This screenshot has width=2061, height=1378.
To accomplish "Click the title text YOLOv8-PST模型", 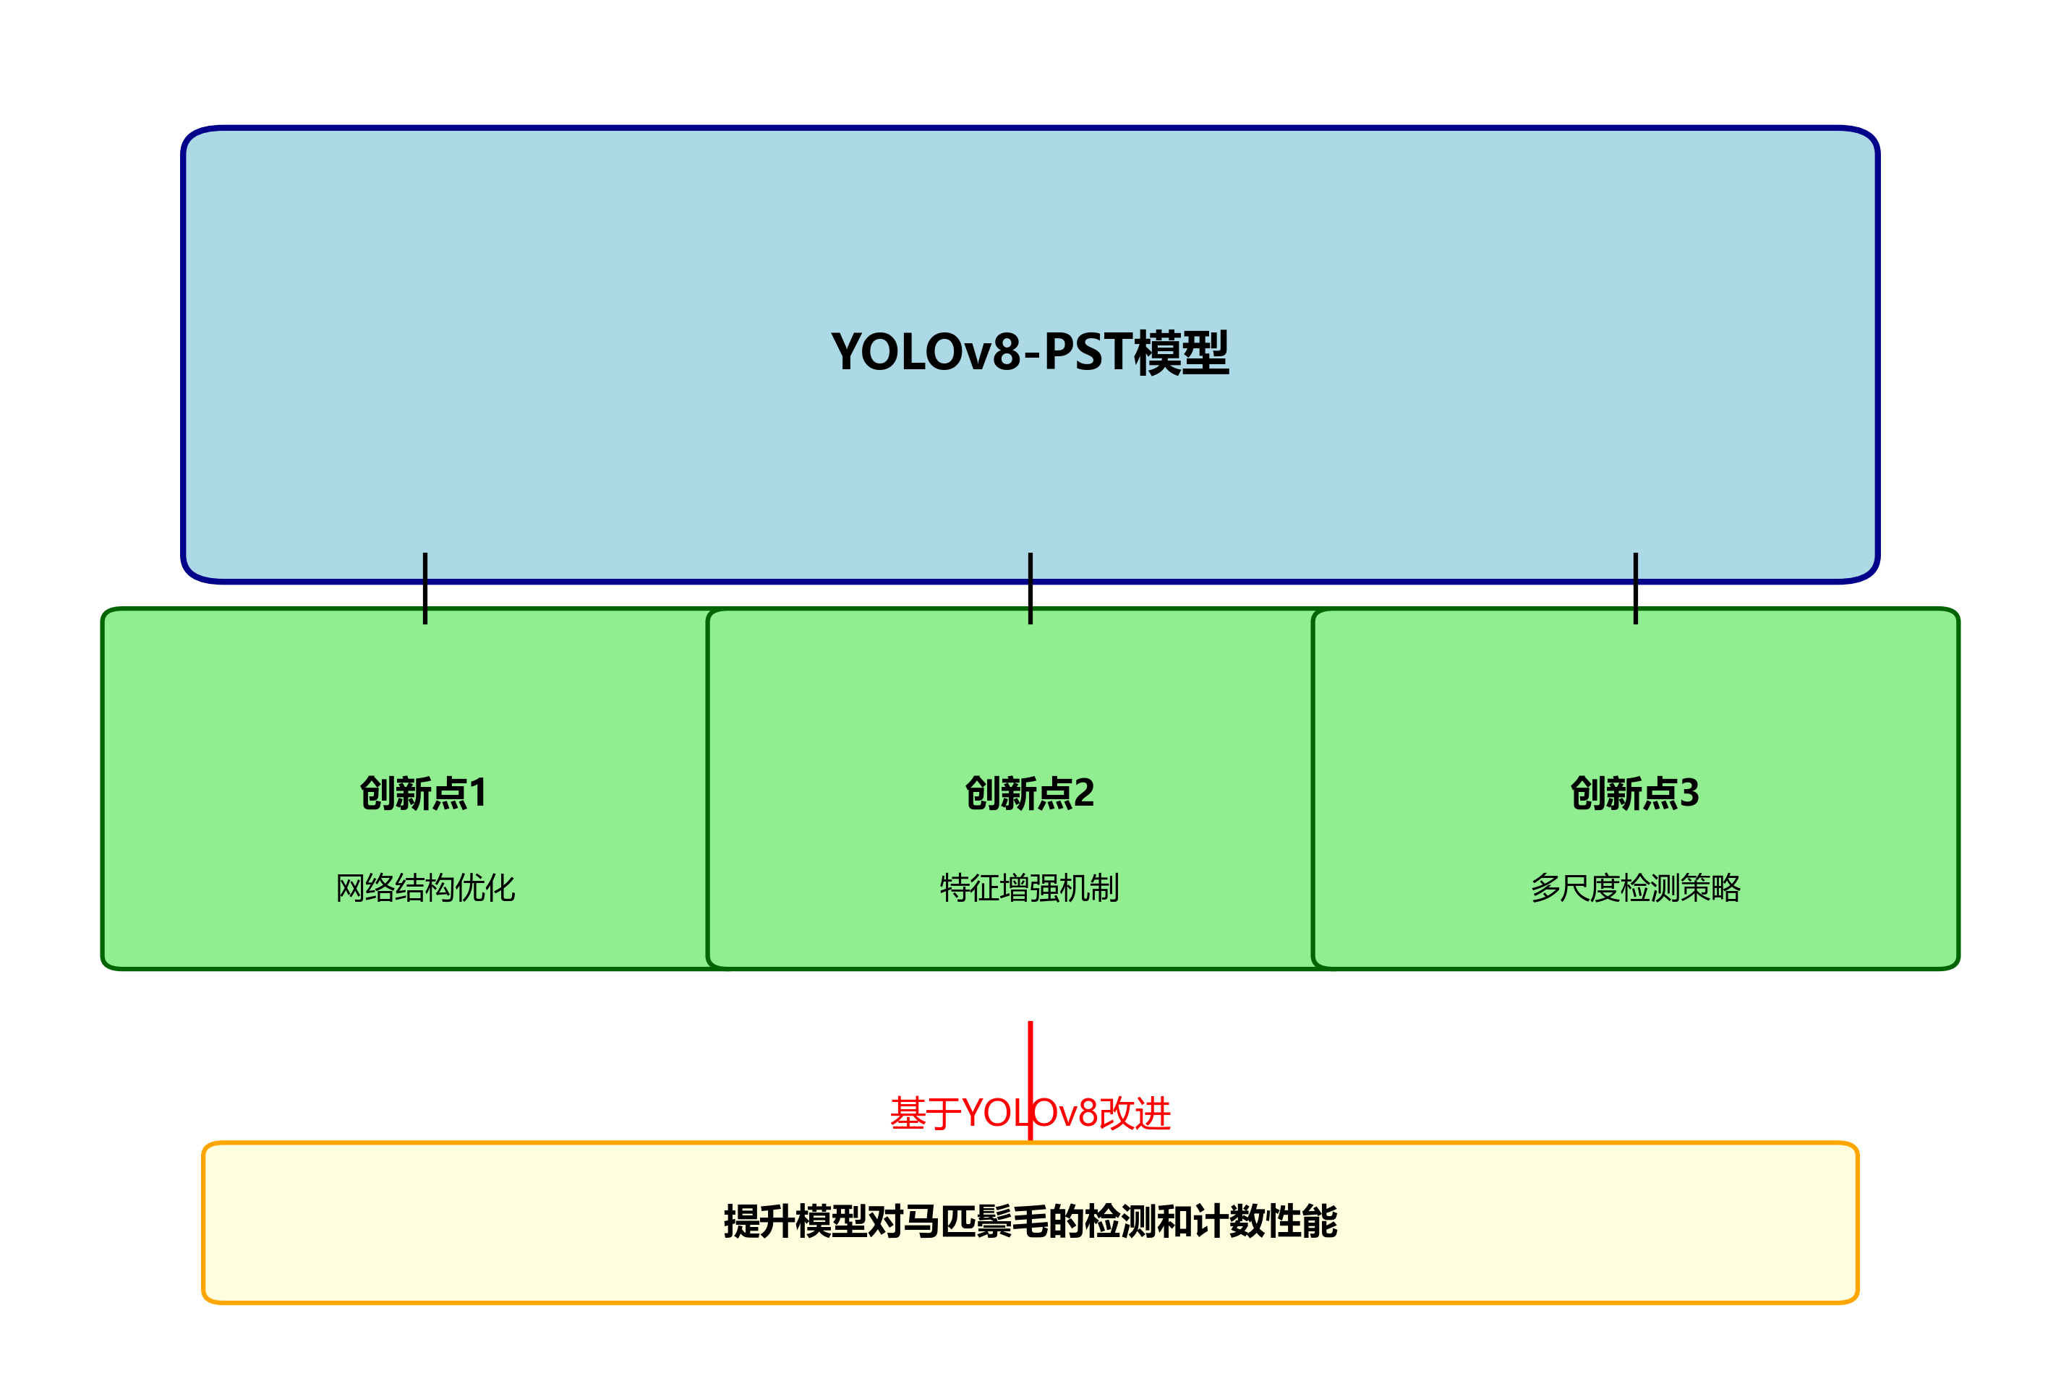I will tap(1030, 353).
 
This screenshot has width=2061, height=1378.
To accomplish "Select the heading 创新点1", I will tap(424, 793).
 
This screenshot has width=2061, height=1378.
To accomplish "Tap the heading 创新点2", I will tap(1030, 793).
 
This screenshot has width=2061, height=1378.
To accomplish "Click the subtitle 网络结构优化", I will tap(424, 887).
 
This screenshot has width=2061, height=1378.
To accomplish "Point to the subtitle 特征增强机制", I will tap(1030, 887).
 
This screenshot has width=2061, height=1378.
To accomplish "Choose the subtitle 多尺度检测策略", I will tap(1636, 887).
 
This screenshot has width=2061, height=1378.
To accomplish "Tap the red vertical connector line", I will tap(1030, 1054).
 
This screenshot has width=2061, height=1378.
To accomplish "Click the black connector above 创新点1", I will tap(424, 589).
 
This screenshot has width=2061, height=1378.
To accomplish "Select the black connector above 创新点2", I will tap(1030, 589).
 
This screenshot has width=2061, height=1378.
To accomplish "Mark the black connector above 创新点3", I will tap(1636, 589).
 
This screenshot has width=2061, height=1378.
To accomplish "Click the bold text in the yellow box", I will tap(1030, 1222).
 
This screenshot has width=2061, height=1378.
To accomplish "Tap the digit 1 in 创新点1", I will tap(477, 793).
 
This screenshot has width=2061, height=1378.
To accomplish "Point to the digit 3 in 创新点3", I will tap(1689, 793).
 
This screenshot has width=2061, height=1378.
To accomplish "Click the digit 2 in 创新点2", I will tap(1083, 793).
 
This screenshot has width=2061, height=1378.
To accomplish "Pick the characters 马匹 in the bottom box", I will tap(939, 1222).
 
